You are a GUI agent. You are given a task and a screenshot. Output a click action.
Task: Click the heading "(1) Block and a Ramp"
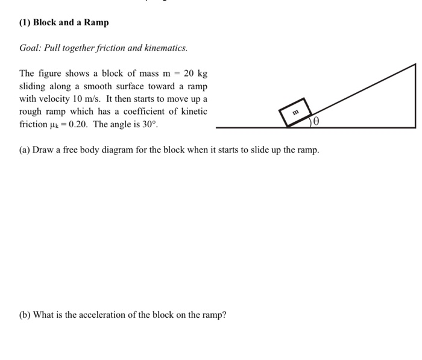64,22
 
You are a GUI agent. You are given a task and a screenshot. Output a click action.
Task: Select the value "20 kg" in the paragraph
195,74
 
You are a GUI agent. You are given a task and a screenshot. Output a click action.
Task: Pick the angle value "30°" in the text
148,124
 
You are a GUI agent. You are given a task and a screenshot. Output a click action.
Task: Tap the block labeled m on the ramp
295,111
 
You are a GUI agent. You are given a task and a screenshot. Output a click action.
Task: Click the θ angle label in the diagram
316,121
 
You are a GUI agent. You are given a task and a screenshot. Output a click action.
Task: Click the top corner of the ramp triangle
415,64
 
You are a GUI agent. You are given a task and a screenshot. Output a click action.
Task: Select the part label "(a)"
25,150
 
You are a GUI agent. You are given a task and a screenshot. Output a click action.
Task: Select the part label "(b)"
25,315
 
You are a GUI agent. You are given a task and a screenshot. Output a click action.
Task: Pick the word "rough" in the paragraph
31,112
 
